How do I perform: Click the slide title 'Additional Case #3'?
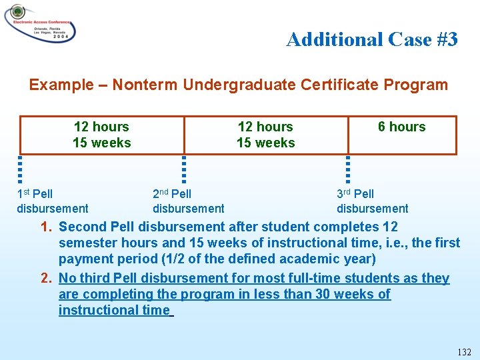click(x=371, y=40)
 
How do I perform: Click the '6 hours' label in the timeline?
click(x=401, y=127)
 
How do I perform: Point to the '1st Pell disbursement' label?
click(x=52, y=201)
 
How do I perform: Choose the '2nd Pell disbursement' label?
click(x=188, y=201)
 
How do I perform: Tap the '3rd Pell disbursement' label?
click(x=372, y=201)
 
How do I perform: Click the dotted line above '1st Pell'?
click(x=20, y=169)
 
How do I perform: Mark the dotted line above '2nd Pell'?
click(x=184, y=169)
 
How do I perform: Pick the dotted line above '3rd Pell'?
click(x=347, y=169)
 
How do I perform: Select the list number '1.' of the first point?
click(x=46, y=227)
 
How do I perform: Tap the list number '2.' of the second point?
click(x=46, y=278)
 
